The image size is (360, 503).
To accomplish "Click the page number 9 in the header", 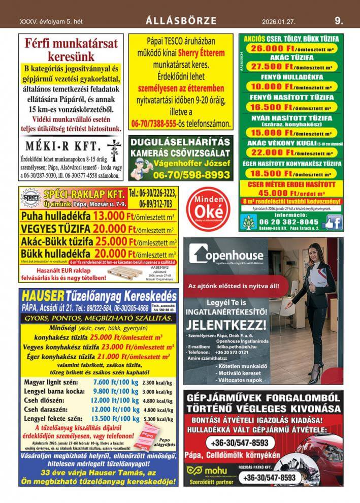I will coord(339,21).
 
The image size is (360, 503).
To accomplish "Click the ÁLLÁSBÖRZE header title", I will coord(181,21).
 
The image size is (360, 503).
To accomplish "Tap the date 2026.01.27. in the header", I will coord(279,21).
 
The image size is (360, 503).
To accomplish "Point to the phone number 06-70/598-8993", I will coord(194,174).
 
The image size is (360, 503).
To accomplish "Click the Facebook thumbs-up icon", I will coord(332,222).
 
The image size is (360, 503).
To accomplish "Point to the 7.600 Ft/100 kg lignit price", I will coord(116,383).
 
